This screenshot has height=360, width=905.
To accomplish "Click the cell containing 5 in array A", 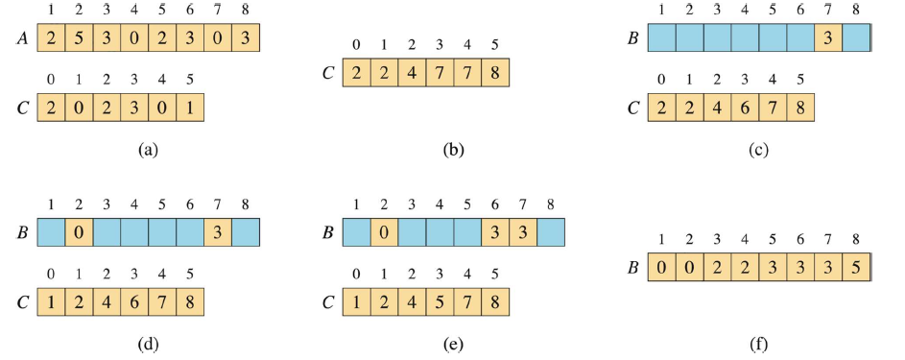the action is [x=79, y=37].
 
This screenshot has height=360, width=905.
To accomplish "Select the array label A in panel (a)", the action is [x=22, y=38].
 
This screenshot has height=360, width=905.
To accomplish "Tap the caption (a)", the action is [x=149, y=150].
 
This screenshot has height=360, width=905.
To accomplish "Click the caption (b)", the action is [x=453, y=150].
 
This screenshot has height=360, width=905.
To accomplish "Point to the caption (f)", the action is [x=758, y=345].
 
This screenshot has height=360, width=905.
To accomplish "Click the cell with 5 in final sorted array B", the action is [x=856, y=267].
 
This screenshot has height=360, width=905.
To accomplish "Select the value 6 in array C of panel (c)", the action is [x=745, y=108].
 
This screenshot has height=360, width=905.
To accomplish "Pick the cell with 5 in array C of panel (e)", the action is [x=440, y=302].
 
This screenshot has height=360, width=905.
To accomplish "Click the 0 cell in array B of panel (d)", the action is [x=79, y=232].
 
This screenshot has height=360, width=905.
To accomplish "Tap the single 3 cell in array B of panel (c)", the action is [x=828, y=37].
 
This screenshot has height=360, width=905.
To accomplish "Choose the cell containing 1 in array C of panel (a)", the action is [x=190, y=108].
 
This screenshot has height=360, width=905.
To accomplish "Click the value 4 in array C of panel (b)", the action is [x=412, y=73].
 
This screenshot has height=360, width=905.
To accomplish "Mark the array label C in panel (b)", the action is [x=328, y=73].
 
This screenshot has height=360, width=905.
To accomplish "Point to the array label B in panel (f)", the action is [x=632, y=268].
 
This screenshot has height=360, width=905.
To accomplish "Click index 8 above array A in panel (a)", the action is [x=246, y=10].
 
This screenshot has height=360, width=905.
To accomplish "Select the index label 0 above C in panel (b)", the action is [x=357, y=45].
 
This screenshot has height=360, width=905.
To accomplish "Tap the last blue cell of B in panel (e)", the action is [x=551, y=232].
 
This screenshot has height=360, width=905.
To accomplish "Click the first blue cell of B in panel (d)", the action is [x=52, y=232].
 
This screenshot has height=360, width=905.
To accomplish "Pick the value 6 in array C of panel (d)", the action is [x=134, y=302].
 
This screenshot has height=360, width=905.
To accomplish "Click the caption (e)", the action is [x=453, y=345].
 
